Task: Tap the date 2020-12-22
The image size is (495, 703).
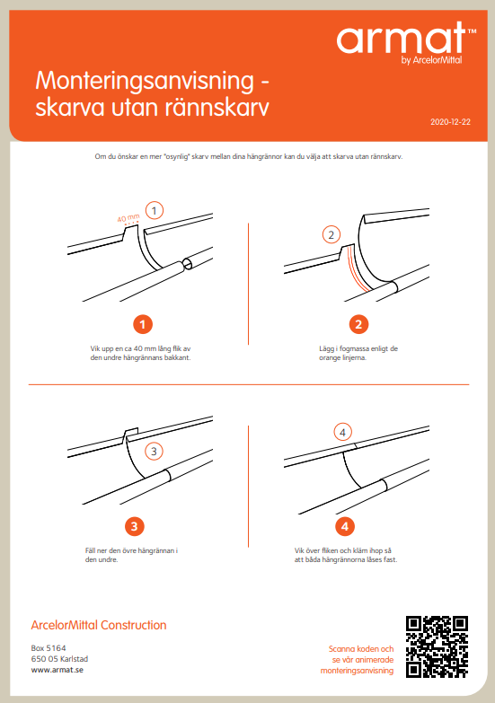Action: tap(450, 122)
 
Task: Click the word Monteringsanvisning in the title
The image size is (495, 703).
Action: tap(145, 82)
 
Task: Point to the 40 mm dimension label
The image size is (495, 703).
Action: tap(128, 218)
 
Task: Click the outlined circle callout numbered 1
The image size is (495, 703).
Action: tap(155, 210)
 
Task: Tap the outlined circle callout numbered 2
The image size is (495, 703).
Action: tap(331, 234)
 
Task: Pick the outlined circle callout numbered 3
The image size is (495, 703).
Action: tap(154, 452)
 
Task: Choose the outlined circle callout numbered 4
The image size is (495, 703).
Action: tap(343, 433)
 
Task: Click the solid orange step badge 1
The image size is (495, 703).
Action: tap(143, 324)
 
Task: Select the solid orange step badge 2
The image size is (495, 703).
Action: tap(358, 324)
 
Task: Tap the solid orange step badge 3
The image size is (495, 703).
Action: tap(134, 526)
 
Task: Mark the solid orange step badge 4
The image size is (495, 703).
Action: tap(345, 526)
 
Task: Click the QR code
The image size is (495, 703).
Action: tap(438, 646)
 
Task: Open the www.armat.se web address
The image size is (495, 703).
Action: tap(57, 670)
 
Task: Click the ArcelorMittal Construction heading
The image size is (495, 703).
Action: tap(99, 625)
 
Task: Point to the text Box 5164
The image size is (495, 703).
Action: tap(49, 648)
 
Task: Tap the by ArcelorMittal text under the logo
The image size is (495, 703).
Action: tap(431, 60)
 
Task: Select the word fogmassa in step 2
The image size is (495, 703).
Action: tap(353, 348)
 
